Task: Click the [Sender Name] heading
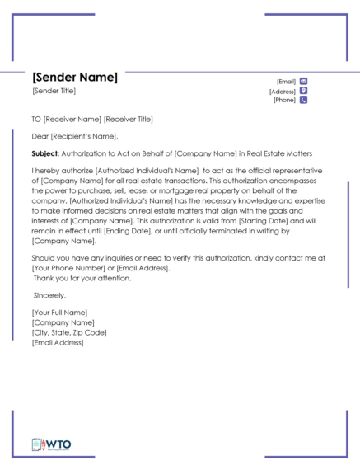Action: coord(75,78)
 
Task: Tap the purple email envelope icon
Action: coord(304,81)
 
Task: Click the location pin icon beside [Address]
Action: coord(304,91)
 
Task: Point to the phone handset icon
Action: coord(304,101)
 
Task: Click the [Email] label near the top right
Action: coord(286,82)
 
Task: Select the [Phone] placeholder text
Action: coord(285,101)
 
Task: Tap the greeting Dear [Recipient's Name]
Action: coord(75,136)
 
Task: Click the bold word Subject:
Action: coord(45,153)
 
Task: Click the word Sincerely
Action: coord(49,294)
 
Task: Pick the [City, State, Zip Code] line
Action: coord(69,332)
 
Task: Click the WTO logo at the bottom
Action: coord(52,444)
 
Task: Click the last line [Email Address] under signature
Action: coord(58,342)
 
